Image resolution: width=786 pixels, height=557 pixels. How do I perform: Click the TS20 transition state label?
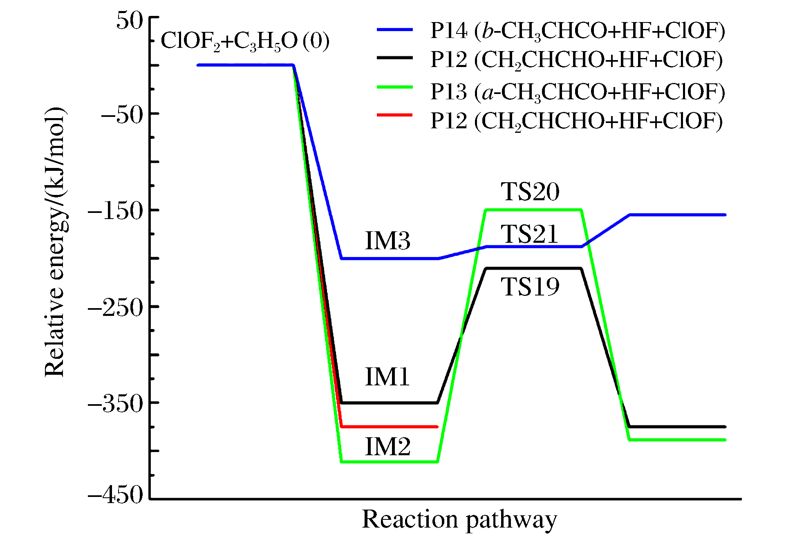pos(530,191)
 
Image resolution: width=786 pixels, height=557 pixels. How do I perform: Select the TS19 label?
pos(530,286)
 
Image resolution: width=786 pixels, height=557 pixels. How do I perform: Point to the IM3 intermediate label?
pos(387,240)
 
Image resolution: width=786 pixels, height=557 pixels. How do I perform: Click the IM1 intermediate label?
pos(387,376)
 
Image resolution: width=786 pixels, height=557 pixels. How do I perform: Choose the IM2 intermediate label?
pos(387,446)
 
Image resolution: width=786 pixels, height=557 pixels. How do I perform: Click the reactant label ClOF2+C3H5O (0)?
pos(245,41)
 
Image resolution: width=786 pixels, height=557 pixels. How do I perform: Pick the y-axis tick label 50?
pos(130,20)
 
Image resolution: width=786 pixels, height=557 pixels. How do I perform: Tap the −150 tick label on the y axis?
pos(116,211)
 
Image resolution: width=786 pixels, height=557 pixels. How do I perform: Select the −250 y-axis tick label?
pos(116,307)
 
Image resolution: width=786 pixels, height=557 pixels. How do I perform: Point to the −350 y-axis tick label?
pos(116,404)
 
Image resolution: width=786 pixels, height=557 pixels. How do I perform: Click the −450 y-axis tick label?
pos(116,495)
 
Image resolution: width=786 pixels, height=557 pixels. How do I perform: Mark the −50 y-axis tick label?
pos(122,115)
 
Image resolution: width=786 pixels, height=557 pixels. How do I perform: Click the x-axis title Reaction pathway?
pos(459,520)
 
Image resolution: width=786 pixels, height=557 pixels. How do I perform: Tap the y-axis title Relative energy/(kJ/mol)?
pos(55,242)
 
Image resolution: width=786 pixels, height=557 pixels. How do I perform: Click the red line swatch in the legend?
pos(394,116)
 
